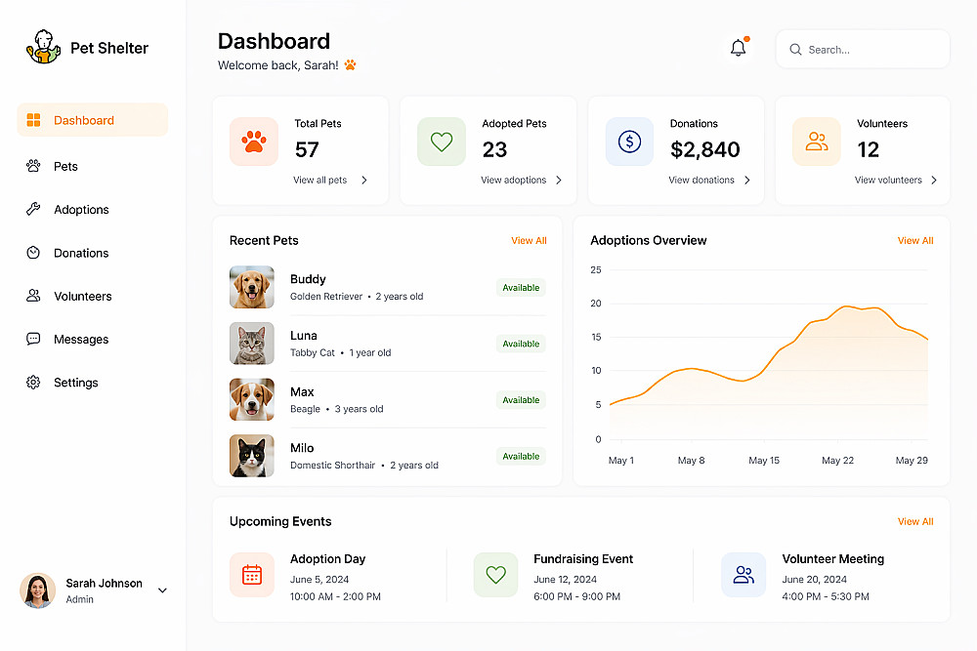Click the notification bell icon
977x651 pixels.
[x=739, y=48]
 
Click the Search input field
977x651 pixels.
[x=863, y=49]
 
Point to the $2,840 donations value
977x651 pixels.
[x=704, y=149]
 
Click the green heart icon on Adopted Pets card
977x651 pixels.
[x=442, y=142]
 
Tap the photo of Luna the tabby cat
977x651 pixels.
[x=252, y=343]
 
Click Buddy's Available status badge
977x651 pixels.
[x=521, y=288]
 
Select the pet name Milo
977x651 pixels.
[x=302, y=448]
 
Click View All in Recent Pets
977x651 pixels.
[x=529, y=240]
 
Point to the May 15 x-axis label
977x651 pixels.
[x=764, y=461]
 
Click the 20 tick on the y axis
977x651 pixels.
[x=596, y=304]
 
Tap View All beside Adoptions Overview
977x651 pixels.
[x=915, y=240]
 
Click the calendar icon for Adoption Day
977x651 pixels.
[x=252, y=575]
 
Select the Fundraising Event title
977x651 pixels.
[x=583, y=559]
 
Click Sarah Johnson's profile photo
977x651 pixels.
[x=37, y=590]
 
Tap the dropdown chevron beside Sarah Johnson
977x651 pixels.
[x=162, y=590]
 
